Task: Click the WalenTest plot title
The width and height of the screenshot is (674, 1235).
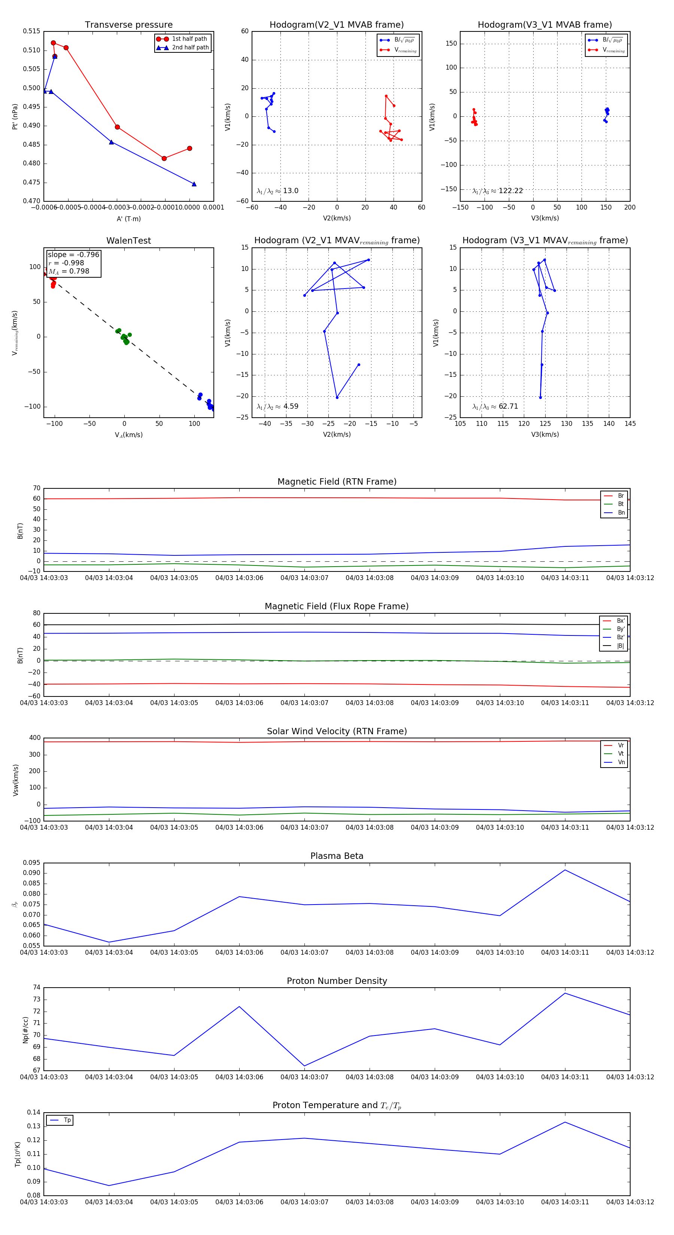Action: [128, 241]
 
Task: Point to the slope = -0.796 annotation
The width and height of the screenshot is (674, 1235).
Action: [73, 254]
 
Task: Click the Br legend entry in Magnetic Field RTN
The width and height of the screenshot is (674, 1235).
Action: [620, 496]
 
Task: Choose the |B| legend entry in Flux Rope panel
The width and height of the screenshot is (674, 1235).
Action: [620, 646]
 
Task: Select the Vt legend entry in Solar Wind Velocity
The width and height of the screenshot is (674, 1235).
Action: [620, 754]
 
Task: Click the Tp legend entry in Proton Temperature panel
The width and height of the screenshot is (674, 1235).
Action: [67, 1120]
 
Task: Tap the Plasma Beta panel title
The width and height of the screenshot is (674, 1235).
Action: [337, 856]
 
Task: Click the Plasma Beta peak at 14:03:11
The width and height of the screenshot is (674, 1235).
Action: [565, 870]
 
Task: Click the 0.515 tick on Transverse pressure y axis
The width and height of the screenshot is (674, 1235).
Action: [32, 31]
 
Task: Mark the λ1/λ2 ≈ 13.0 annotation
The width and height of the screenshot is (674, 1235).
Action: [277, 191]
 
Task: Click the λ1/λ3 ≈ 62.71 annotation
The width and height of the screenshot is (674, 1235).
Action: [495, 406]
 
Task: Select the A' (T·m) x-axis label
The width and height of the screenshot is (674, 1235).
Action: [128, 219]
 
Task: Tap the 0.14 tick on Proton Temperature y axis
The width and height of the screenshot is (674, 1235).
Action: [34, 1112]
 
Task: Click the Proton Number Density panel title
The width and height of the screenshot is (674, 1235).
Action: [337, 981]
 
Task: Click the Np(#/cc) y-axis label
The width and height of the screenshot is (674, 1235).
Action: [25, 1030]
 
